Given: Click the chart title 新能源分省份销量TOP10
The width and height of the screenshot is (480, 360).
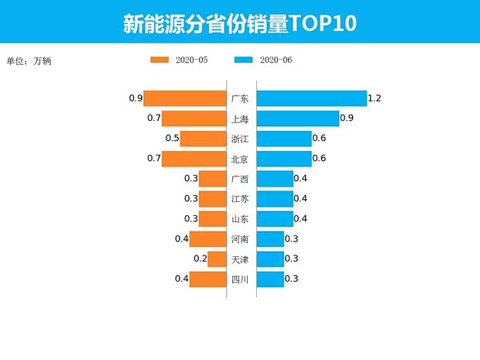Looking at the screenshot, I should point(239,23).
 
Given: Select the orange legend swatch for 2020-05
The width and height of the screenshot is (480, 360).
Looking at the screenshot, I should point(159,60).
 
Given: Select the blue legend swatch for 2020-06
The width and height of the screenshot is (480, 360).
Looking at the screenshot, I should point(244,60).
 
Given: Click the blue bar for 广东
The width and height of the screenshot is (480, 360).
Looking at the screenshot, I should point(311,98).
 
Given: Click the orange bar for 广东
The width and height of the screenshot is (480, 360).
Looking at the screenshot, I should point(184,98).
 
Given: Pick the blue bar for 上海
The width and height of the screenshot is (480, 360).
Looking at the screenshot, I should point(298,118).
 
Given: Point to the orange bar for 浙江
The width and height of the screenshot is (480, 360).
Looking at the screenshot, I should point(203,139).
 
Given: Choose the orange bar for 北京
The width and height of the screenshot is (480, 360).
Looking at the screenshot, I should point(194,159).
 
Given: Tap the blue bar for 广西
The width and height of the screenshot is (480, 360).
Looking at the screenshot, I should point(275,179).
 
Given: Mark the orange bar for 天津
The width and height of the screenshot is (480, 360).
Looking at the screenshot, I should point(216,259).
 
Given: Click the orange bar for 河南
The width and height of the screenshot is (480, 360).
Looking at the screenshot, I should point(207,239).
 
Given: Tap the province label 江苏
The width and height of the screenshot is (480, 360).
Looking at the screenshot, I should point(240,199).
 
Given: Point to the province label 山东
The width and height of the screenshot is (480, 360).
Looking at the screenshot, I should point(240,219).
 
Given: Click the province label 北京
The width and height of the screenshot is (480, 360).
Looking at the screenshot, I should point(240,159).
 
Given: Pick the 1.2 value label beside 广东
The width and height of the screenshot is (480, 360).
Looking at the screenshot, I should point(375,98).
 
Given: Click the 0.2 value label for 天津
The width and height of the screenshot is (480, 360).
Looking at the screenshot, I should point(201,259).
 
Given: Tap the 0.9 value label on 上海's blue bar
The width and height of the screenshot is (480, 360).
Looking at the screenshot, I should point(347,118).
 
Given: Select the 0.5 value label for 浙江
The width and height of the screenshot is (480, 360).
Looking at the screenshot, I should point(173,139).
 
